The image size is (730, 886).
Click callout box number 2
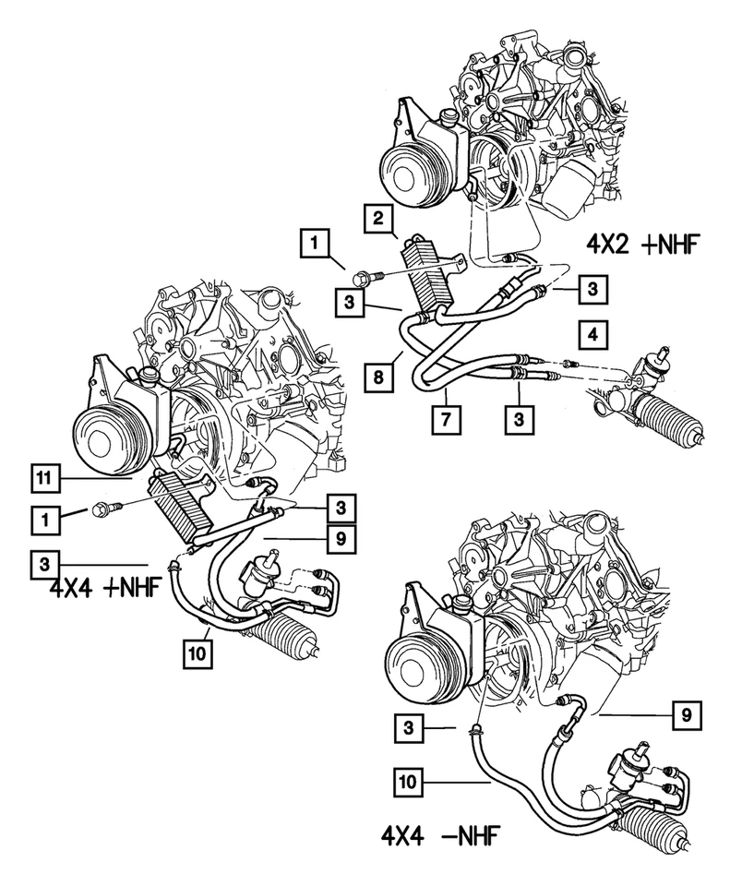click(378, 219)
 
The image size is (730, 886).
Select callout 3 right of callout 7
click(520, 418)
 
